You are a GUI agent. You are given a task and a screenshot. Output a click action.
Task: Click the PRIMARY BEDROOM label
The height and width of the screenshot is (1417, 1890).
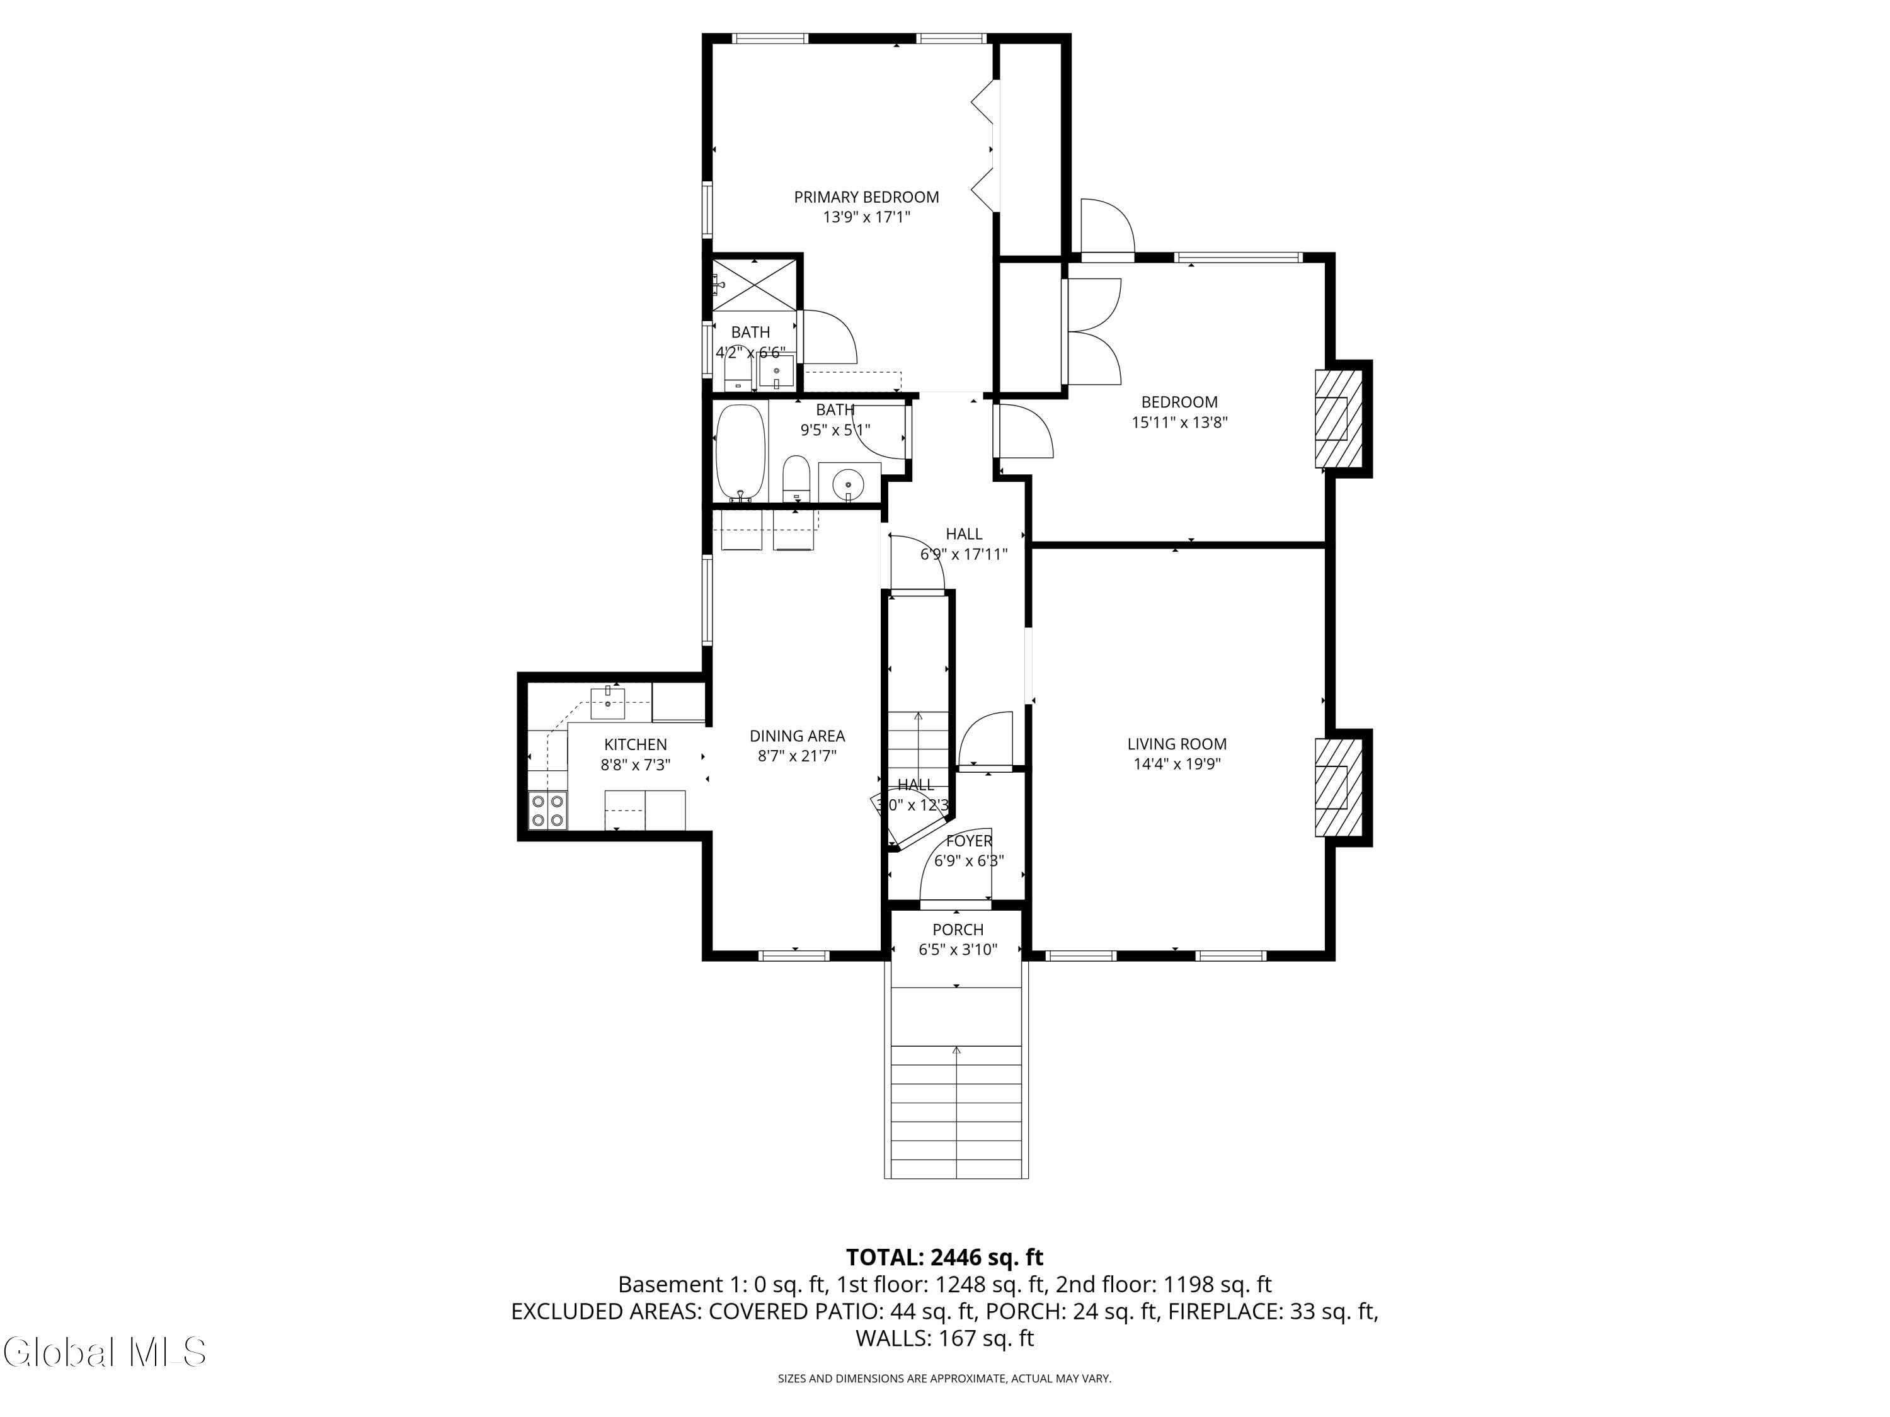pyautogui.click(x=866, y=197)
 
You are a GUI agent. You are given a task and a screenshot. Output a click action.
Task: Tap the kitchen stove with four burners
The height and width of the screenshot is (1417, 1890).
pyautogui.click(x=547, y=811)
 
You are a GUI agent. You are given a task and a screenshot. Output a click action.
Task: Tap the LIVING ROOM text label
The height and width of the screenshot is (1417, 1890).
pyautogui.click(x=1177, y=744)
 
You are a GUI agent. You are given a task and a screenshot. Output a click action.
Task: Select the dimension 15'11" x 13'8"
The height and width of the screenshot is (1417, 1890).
pyautogui.click(x=1179, y=422)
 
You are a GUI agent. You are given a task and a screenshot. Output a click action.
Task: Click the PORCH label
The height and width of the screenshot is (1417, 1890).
pyautogui.click(x=958, y=930)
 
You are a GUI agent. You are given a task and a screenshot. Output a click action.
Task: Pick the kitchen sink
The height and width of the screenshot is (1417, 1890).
pyautogui.click(x=607, y=703)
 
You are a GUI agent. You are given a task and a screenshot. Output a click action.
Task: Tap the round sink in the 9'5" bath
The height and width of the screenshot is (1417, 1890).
pyautogui.click(x=847, y=484)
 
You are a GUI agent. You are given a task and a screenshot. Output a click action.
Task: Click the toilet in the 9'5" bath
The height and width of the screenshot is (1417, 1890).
pyautogui.click(x=796, y=480)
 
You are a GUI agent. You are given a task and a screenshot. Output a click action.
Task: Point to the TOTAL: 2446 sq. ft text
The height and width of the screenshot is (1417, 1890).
pyautogui.click(x=944, y=1257)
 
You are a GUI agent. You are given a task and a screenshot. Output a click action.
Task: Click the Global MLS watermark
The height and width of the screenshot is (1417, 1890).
pyautogui.click(x=104, y=1352)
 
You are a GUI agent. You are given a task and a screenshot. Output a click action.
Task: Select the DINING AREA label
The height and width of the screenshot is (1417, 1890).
pyautogui.click(x=797, y=736)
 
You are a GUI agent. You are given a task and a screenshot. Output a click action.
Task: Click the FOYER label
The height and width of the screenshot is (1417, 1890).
pyautogui.click(x=969, y=841)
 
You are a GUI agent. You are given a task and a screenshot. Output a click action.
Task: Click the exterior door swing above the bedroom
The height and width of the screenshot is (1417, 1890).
pyautogui.click(x=1108, y=225)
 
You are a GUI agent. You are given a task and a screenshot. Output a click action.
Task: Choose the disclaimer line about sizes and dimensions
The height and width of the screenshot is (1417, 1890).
pyautogui.click(x=944, y=1379)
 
